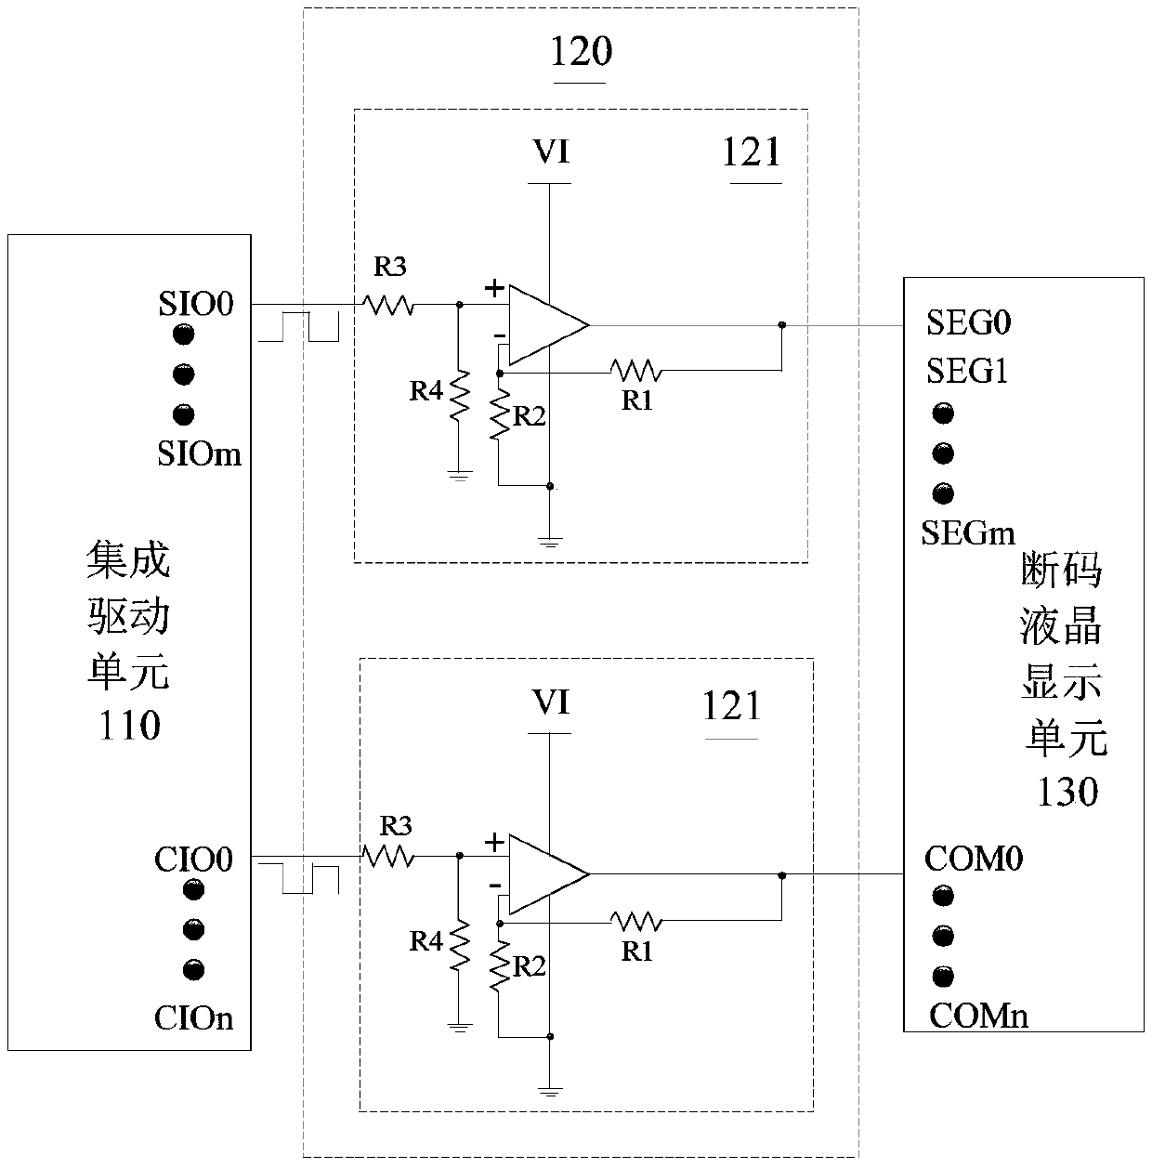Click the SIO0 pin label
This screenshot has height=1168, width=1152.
pos(195,304)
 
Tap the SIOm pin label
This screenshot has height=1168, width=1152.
pos(200,453)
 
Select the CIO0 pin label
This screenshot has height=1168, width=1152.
pos(193,860)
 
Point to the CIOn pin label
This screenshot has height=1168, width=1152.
pos(193,1018)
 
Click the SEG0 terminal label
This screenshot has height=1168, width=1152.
pos(968,323)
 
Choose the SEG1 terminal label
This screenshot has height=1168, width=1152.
pos(967,372)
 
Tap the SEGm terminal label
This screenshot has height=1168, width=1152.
pos(968,532)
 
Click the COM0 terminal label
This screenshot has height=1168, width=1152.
pos(973,859)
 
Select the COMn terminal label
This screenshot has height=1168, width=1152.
pos(978,1016)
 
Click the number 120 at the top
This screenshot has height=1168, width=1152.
pos(581,52)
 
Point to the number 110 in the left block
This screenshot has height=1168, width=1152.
pos(129,725)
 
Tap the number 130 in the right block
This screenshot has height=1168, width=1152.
pos(1067,792)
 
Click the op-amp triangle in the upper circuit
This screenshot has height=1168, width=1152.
pos(543,325)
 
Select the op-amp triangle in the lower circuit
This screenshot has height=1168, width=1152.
pos(543,874)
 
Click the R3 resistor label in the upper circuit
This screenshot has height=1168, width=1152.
pos(390,269)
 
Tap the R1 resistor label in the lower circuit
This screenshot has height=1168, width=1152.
pos(636,952)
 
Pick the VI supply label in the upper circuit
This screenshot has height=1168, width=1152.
pos(550,152)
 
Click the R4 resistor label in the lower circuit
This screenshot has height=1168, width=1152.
pos(426,941)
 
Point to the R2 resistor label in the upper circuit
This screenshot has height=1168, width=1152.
pos(529,416)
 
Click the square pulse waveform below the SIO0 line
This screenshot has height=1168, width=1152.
pos(299,328)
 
